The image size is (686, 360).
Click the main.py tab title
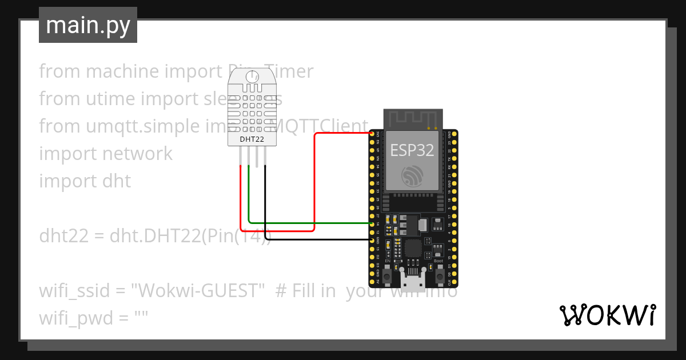click(87, 26)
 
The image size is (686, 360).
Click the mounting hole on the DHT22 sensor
click(252, 77)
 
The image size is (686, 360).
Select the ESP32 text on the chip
click(412, 150)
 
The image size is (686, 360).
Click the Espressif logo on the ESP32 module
click(412, 175)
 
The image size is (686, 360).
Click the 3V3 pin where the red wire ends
click(373, 134)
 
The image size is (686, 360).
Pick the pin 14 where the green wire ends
click(373, 224)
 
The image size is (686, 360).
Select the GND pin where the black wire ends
click(373, 241)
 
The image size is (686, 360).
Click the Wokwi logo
click(607, 315)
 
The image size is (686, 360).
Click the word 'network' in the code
click(137, 154)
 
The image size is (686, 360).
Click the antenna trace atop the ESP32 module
click(412, 119)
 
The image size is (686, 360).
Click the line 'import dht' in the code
click(85, 181)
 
